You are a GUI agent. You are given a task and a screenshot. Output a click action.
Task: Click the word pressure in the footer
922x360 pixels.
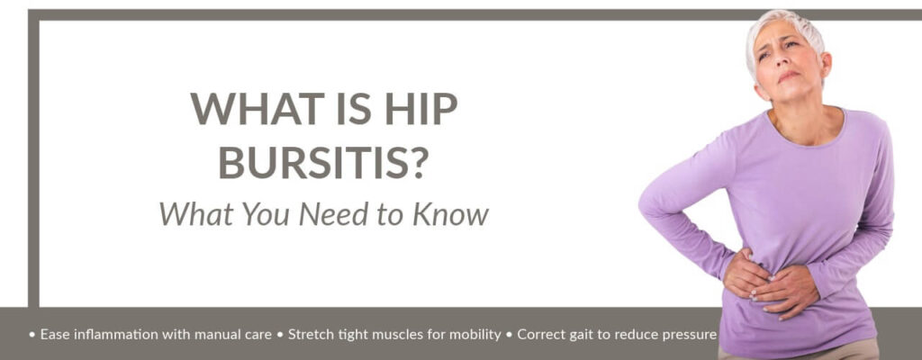(x=688, y=336)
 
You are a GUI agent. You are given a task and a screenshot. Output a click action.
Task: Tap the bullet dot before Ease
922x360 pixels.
(x=32, y=335)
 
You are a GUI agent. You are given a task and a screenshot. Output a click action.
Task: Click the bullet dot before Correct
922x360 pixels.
(x=509, y=335)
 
